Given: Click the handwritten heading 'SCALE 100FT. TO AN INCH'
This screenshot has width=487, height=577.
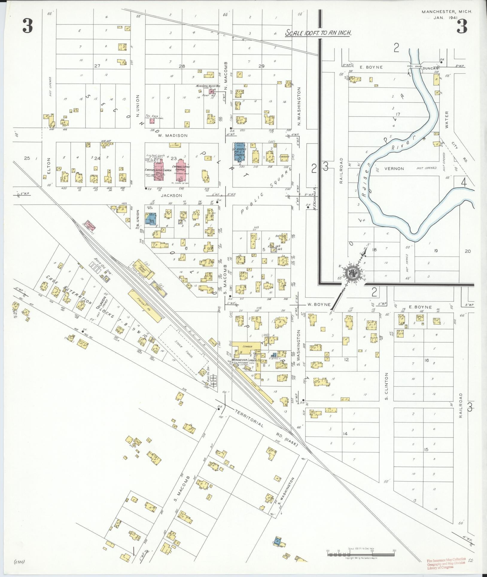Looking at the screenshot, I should (x=318, y=33).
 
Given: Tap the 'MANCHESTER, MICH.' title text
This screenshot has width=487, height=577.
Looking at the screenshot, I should (x=447, y=12).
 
